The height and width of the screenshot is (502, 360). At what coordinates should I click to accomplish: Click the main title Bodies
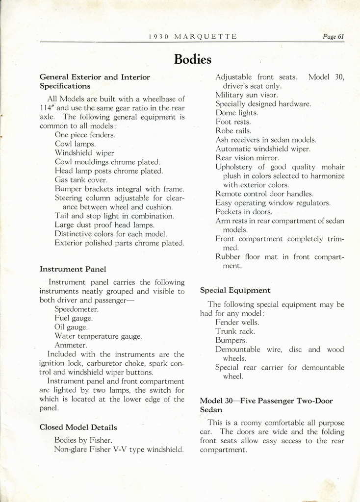point(192,60)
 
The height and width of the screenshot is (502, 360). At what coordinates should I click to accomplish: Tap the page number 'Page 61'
point(334,37)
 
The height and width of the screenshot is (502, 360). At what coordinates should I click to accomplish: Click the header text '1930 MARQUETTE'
point(192,37)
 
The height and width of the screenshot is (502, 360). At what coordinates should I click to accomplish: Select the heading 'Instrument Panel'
point(73,269)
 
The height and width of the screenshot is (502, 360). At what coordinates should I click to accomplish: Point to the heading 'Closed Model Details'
point(78,427)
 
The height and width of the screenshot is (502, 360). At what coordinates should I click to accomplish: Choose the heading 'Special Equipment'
point(235,290)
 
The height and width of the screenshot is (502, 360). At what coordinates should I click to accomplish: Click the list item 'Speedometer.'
point(77,309)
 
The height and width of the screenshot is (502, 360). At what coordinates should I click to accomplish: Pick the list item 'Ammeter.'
point(71,345)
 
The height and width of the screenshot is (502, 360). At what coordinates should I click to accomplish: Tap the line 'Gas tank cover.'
point(81,180)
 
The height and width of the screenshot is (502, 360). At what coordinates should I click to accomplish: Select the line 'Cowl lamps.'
point(75,144)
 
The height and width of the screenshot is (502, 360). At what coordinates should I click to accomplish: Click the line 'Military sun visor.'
point(247,95)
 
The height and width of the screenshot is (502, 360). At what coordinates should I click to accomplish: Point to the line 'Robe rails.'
point(233,131)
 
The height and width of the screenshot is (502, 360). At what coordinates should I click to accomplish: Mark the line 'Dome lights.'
point(236,113)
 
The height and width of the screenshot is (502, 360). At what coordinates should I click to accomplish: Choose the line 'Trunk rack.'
point(235,331)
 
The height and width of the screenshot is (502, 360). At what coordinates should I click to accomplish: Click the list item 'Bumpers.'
point(231,340)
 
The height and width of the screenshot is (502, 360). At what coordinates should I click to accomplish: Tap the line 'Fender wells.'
point(237,323)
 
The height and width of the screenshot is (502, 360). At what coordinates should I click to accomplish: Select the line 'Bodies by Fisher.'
point(83,440)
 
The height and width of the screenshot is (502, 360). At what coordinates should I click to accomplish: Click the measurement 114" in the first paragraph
point(47,108)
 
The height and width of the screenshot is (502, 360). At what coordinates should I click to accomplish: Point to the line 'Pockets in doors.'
point(244,212)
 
